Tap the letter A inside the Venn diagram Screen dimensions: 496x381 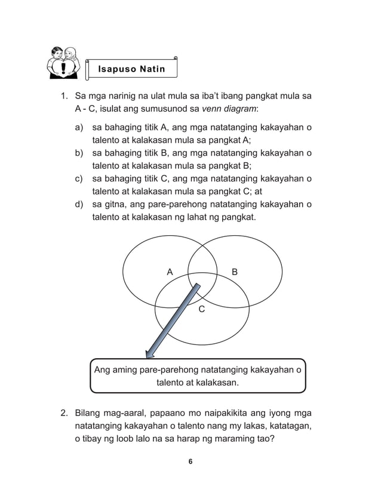click(170, 272)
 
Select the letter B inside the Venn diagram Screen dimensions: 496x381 click(235, 272)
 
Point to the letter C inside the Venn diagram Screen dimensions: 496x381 click(201, 309)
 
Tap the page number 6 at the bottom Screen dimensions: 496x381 click(190, 461)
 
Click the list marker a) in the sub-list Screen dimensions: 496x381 click(79, 128)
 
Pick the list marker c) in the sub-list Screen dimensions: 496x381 click(79, 178)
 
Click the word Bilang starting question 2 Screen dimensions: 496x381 click(89, 413)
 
